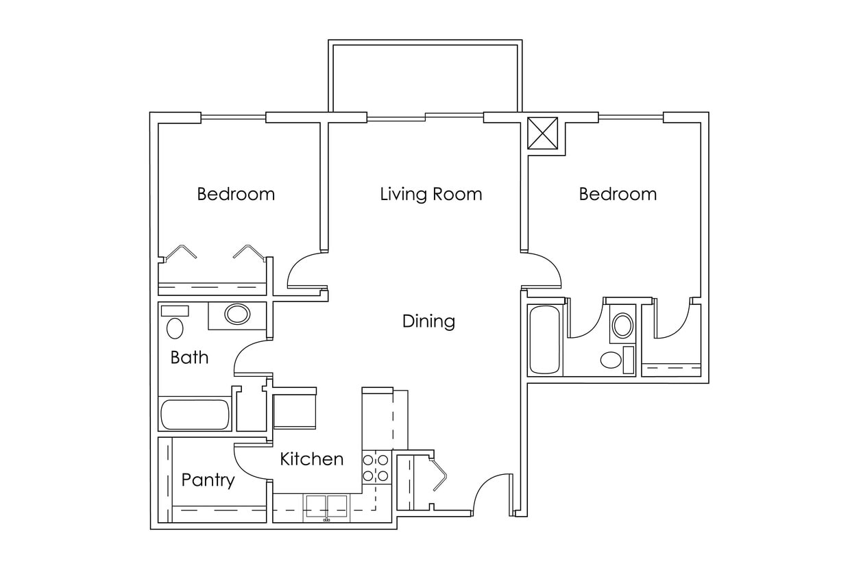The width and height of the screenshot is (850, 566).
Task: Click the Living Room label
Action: pos(430,194)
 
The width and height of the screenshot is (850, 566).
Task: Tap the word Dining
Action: pos(428,321)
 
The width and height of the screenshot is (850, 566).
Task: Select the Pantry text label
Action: pos(208,480)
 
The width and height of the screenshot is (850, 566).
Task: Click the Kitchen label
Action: pos(311,459)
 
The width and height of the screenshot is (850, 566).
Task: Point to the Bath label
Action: pos(189,357)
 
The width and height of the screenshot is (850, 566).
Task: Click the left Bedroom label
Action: pos(236,194)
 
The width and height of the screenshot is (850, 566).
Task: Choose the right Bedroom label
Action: pos(618,194)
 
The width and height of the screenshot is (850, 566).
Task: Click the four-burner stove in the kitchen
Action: pos(376,467)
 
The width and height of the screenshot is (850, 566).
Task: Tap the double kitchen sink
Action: pos(327,505)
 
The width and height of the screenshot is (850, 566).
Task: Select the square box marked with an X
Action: pos(543,132)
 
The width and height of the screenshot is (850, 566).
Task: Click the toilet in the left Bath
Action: pos(175,328)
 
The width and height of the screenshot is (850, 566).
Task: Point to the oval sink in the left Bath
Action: pos(237,315)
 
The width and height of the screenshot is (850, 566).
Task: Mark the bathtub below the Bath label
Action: pos(195,415)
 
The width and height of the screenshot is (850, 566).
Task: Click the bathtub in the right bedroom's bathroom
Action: pos(545,340)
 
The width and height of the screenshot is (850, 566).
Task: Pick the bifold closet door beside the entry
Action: pos(438,473)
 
